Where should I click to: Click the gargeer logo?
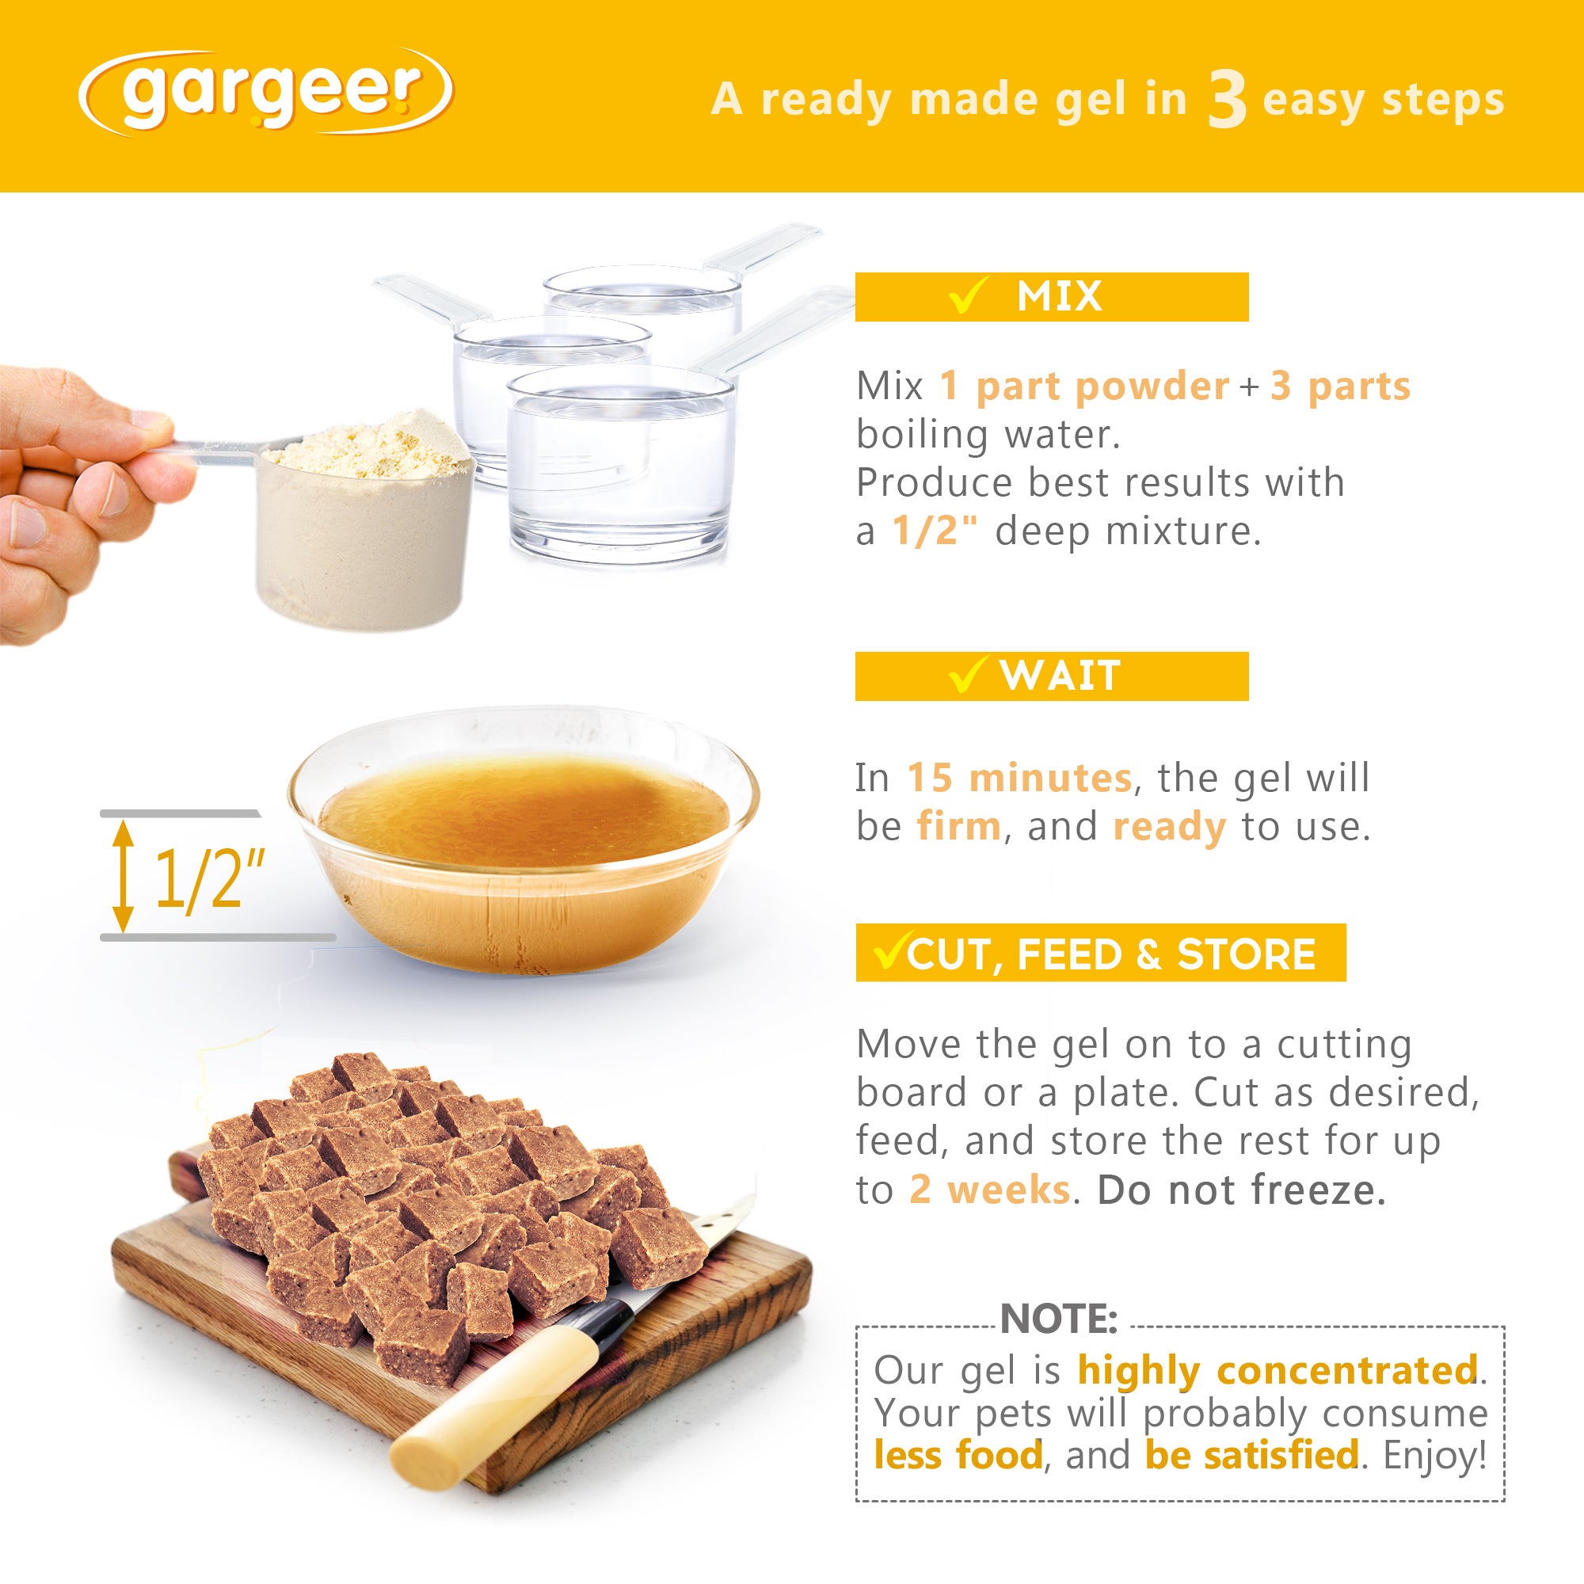[x=265, y=93]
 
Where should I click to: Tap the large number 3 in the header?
[x=1227, y=100]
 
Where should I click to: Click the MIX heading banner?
[x=1051, y=297]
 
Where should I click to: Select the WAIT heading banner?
[x=1051, y=676]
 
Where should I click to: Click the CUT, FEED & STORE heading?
[x=1100, y=954]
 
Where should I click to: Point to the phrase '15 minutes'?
[x=1019, y=777]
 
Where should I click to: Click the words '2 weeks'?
[x=989, y=1190]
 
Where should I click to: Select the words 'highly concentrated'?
[x=1277, y=1370]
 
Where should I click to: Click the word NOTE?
[x=1058, y=1319]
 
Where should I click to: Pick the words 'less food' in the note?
[x=958, y=1455]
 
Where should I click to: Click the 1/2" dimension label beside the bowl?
[x=210, y=879]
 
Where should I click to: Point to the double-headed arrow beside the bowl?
[x=123, y=876]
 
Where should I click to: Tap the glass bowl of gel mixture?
[x=524, y=840]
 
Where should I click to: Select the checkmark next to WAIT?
[x=965, y=676]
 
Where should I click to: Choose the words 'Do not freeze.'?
[x=1241, y=1190]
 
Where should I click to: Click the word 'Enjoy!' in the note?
[x=1435, y=1455]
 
